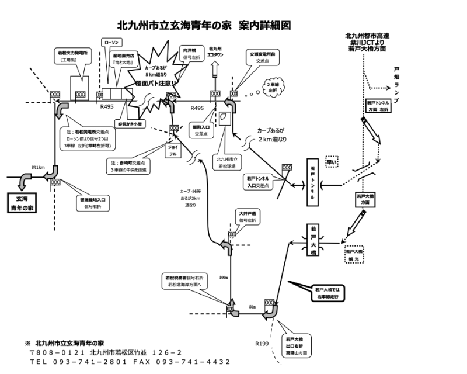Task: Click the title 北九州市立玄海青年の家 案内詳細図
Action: coord(204,26)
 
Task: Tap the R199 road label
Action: coord(262,343)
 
